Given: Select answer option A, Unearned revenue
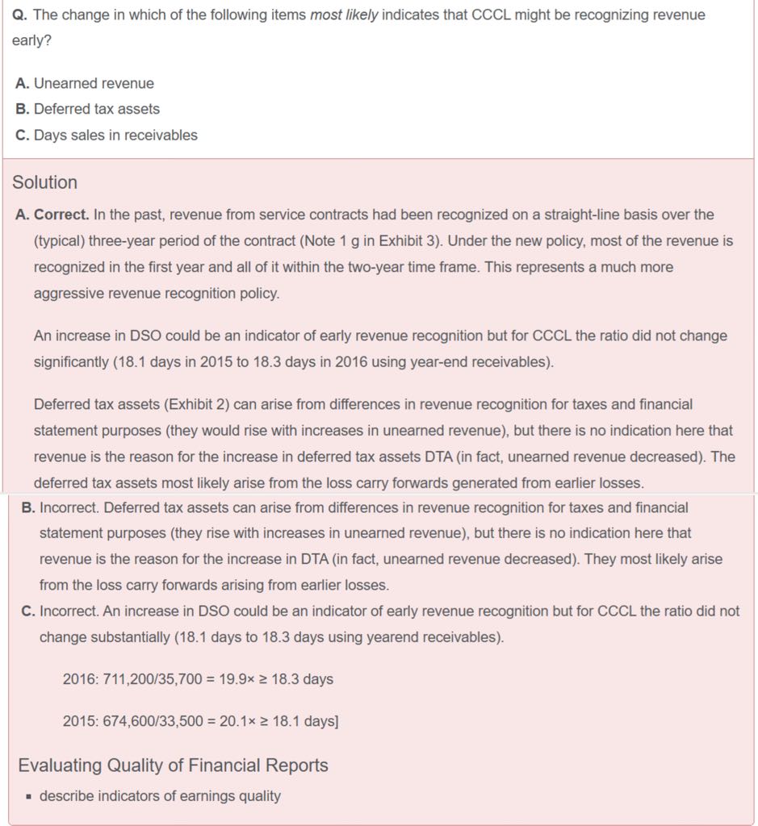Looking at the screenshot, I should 85,83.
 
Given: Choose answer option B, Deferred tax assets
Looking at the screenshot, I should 88,109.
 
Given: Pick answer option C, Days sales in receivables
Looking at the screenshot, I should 107,135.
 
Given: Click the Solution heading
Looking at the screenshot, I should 44,182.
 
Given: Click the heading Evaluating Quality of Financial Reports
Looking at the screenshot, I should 173,765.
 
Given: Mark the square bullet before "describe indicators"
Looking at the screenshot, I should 28,797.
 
